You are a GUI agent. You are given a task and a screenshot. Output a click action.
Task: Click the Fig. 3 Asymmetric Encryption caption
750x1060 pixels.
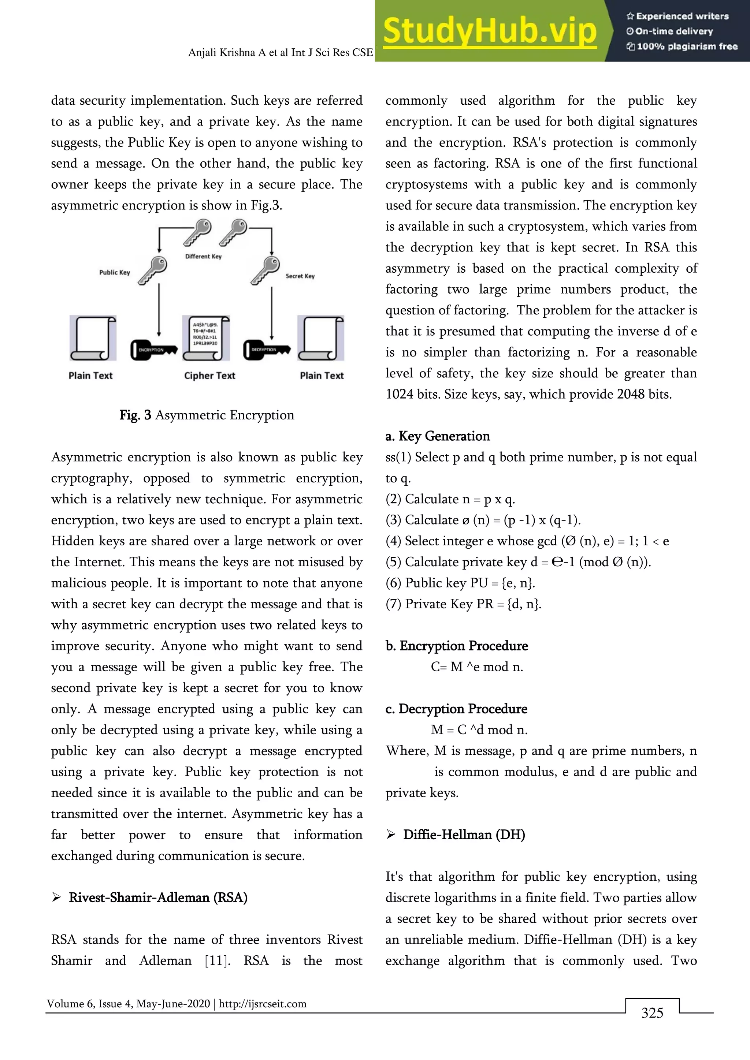207,415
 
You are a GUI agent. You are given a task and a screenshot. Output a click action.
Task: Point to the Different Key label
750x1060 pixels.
203,257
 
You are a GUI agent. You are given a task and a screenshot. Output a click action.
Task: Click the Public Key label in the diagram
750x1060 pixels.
115,272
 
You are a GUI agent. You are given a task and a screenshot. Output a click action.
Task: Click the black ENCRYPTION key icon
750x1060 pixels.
153,350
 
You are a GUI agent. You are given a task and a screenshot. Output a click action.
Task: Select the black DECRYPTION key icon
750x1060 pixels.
267,350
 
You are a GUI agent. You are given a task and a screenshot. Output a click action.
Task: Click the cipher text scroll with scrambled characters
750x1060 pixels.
206,338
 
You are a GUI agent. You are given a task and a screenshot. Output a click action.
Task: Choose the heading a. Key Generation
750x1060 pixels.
437,436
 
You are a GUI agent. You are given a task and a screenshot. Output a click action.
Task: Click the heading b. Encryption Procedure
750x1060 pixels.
456,646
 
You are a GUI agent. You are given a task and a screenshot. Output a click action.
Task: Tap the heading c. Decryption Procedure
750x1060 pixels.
456,709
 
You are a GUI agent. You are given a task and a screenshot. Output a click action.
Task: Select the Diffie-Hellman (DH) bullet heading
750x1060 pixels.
464,835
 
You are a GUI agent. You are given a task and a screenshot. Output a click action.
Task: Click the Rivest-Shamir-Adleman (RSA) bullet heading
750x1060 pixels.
158,897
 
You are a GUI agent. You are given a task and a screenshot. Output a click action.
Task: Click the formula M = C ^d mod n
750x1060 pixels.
479,730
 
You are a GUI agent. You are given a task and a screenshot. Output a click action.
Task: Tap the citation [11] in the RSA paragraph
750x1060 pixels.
217,961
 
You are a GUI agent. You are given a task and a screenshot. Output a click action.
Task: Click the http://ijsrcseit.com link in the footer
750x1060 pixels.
262,1004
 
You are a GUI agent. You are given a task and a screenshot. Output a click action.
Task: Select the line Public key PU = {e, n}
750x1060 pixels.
460,583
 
